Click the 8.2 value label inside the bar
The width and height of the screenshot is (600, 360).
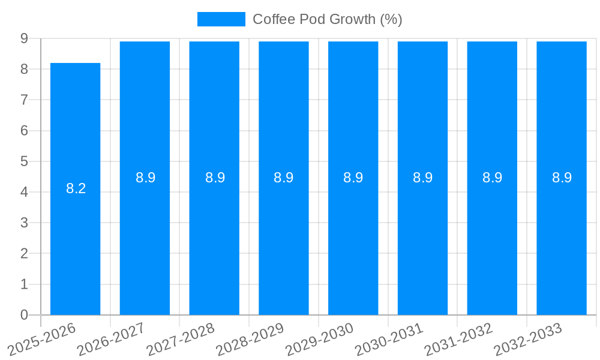(76, 188)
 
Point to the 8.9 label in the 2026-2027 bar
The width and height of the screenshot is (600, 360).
(145, 178)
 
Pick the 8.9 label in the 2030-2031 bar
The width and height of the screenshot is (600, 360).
(423, 178)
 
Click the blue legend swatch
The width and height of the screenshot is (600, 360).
(221, 19)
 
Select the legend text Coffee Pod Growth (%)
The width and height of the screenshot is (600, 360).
(327, 19)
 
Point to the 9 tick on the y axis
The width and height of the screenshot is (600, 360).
(24, 38)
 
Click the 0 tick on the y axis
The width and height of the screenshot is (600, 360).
(24, 315)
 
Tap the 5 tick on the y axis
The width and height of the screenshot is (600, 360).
(24, 161)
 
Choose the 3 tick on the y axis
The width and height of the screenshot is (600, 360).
(24, 223)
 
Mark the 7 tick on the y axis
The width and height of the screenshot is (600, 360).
(24, 100)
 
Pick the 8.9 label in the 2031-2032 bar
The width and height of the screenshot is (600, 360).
(492, 178)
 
